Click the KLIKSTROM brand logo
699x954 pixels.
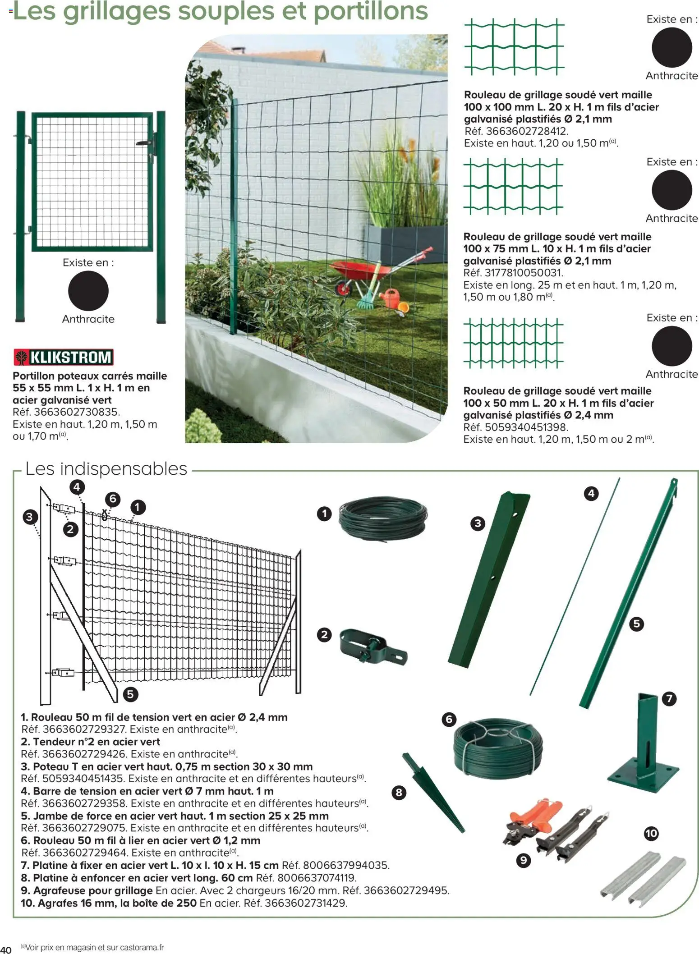click(63, 357)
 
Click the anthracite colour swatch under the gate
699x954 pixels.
click(88, 291)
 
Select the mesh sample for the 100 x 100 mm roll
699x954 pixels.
click(514, 46)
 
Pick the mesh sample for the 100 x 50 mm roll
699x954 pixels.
click(513, 343)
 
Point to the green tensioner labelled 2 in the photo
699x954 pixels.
click(372, 646)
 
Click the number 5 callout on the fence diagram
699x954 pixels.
click(130, 694)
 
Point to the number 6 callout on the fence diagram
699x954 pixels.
click(113, 499)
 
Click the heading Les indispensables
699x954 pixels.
click(106, 469)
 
